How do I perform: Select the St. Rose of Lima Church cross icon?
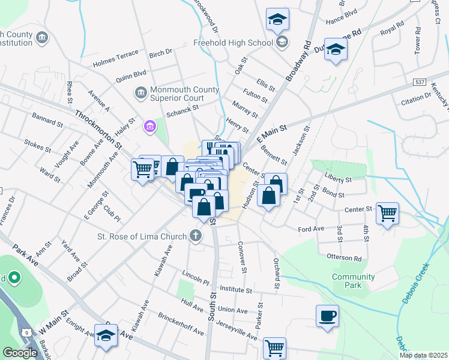point(195,236)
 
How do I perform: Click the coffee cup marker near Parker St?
point(327,316)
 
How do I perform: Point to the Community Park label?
point(354,281)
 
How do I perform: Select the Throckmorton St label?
point(98,130)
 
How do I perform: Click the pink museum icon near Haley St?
point(149,127)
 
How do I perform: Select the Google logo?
point(20,353)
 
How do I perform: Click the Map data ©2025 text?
point(423,355)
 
